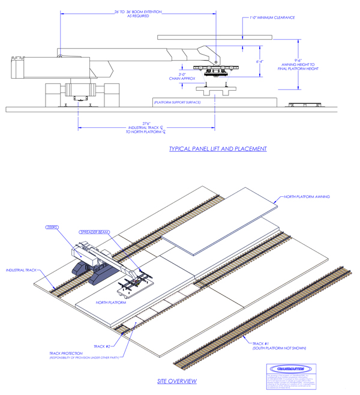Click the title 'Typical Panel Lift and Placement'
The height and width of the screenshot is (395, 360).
click(x=217, y=149)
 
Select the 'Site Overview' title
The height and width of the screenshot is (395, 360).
click(x=176, y=381)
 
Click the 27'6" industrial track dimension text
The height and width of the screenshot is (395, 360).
click(x=146, y=128)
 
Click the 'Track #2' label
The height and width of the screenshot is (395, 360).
click(x=98, y=347)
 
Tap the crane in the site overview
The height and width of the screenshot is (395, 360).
click(x=90, y=261)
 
